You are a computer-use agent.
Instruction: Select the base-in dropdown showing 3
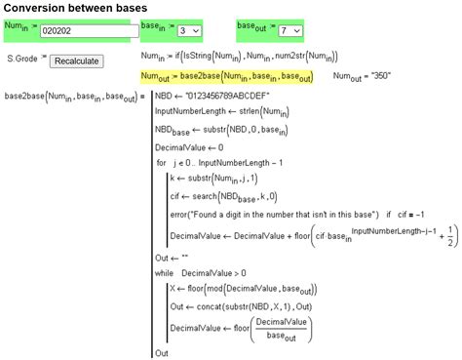point(187,30)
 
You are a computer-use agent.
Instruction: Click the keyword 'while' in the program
point(165,273)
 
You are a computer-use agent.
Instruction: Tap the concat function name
point(208,306)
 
